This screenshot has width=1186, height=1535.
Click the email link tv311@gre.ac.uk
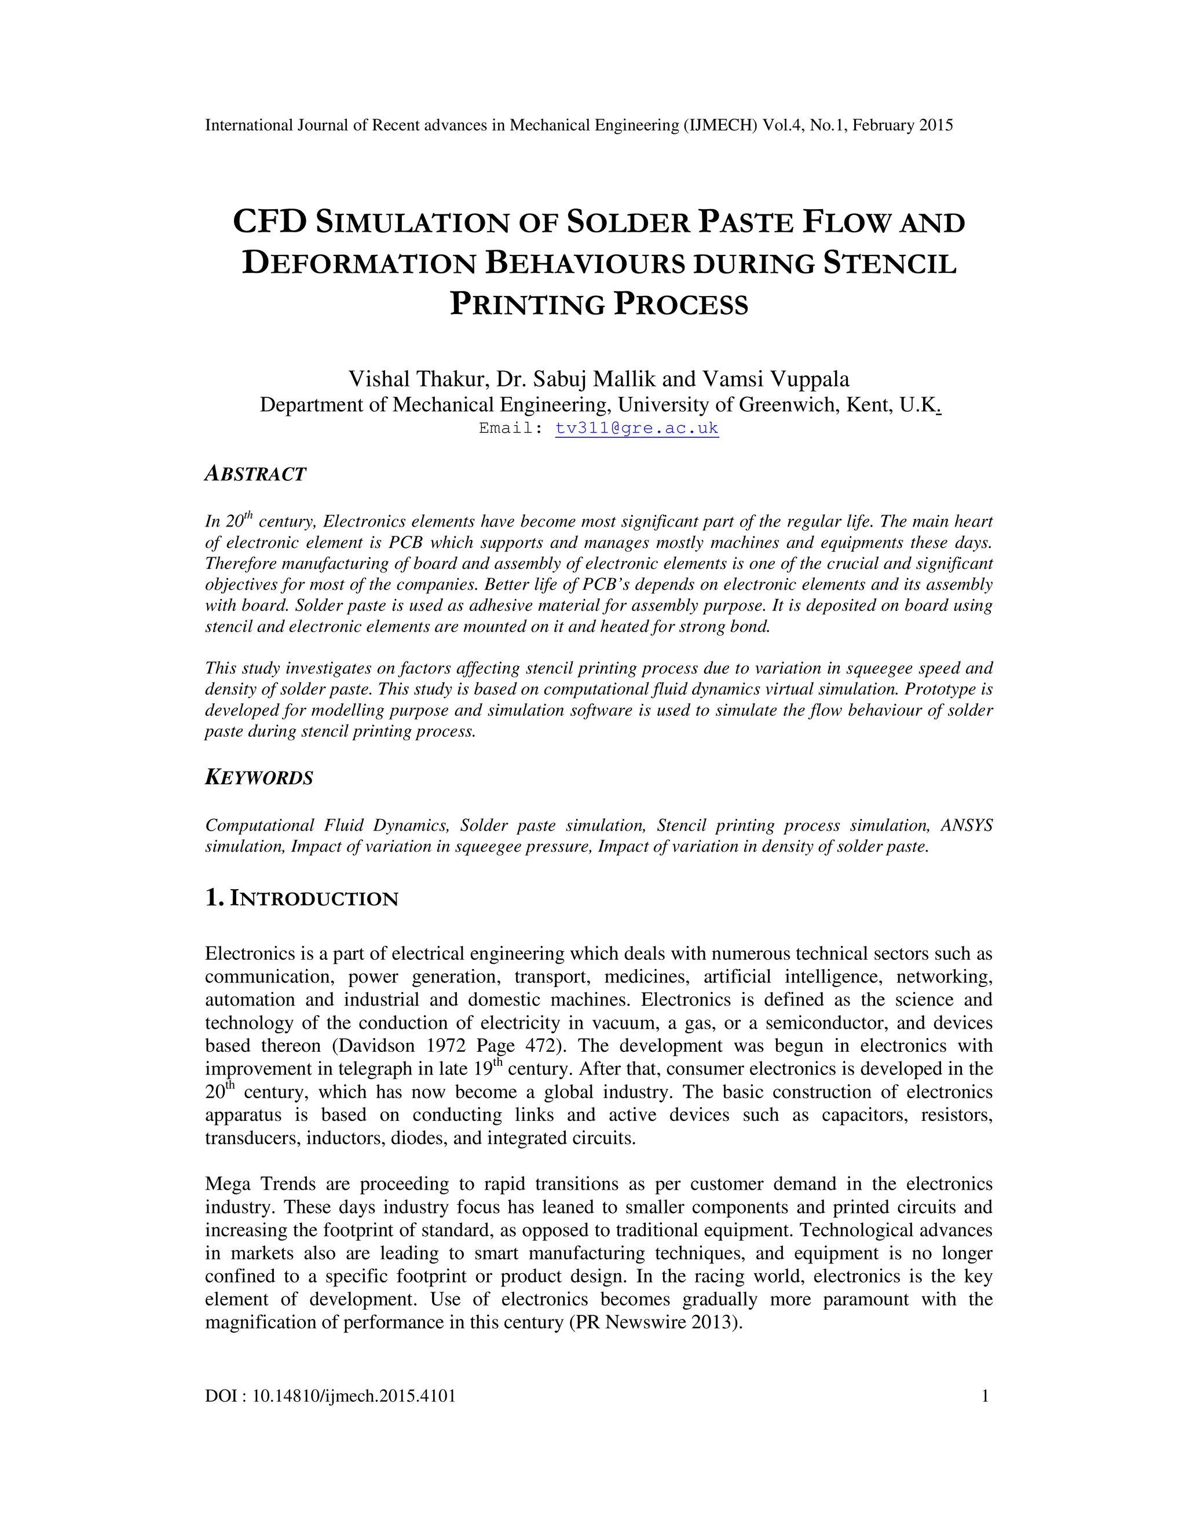(x=636, y=428)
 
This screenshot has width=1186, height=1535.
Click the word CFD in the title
(x=270, y=222)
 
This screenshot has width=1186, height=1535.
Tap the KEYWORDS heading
(x=259, y=778)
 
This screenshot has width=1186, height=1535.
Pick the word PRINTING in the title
(x=528, y=304)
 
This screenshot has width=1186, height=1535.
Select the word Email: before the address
(x=511, y=428)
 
